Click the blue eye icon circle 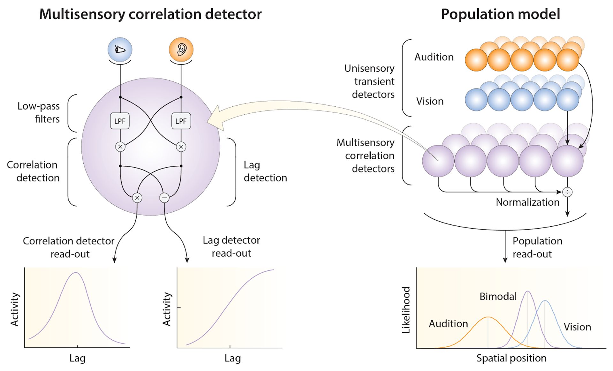[x=120, y=49]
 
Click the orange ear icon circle [x=181, y=49]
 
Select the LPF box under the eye [x=120, y=121]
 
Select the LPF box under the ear [x=181, y=121]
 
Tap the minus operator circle [x=164, y=198]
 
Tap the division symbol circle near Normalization [x=567, y=192]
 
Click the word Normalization [x=527, y=202]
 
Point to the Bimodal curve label [x=498, y=297]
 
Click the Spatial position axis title [x=511, y=358]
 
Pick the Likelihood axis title [x=406, y=310]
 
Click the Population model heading [x=500, y=14]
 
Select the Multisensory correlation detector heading [x=150, y=14]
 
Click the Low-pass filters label [x=39, y=112]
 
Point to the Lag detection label [x=265, y=171]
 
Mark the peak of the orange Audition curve [x=488, y=317]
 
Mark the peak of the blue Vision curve [x=545, y=301]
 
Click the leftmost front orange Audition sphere [x=476, y=60]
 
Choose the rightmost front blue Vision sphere [x=567, y=100]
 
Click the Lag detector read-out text [x=231, y=246]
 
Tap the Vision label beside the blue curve [x=577, y=327]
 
